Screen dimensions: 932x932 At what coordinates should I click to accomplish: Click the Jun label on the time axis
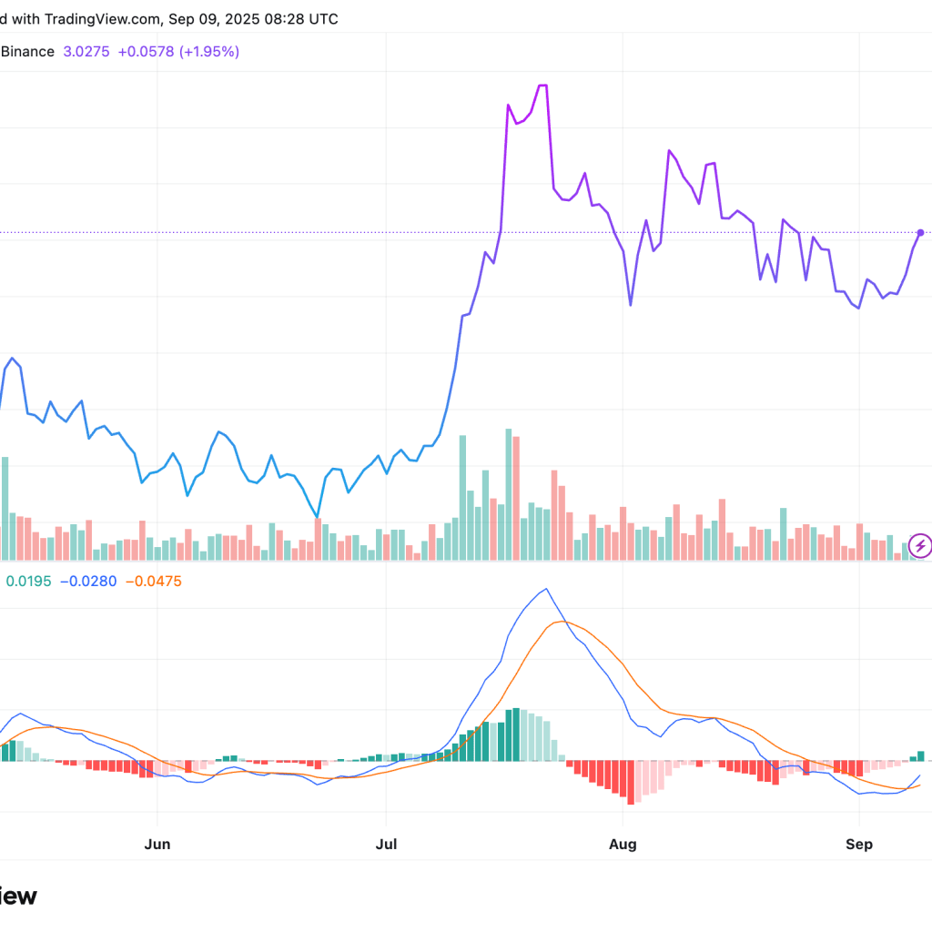click(157, 844)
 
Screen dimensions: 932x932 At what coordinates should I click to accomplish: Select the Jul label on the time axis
click(386, 844)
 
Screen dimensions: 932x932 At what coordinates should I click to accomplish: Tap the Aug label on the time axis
click(623, 844)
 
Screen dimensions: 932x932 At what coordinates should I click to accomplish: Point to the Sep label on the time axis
click(859, 844)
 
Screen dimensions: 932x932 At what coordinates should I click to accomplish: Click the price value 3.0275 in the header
click(86, 52)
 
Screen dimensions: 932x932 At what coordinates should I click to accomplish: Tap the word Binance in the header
click(27, 52)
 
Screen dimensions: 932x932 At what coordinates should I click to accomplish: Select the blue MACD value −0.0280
click(88, 581)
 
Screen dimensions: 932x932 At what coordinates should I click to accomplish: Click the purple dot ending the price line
click(921, 233)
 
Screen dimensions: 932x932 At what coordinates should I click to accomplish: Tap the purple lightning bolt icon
click(920, 546)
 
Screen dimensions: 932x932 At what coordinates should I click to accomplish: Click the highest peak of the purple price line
click(542, 86)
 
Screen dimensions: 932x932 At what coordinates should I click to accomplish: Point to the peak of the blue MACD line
click(545, 589)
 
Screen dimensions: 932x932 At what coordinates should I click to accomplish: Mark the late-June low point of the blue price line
click(318, 517)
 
